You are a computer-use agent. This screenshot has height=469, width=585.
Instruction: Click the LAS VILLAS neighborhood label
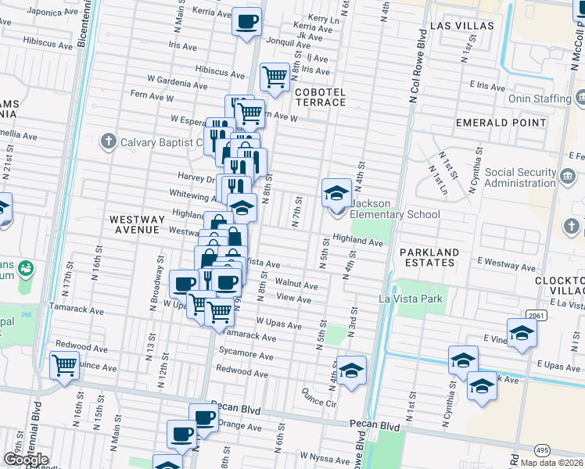click(462, 26)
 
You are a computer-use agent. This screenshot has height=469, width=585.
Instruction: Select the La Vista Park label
click(411, 299)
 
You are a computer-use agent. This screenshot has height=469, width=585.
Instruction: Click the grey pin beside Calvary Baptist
click(109, 142)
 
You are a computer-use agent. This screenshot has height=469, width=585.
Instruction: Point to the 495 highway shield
click(541, 450)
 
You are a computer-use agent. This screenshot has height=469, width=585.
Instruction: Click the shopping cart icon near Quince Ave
click(64, 364)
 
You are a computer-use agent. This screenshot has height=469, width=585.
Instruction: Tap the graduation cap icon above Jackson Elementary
click(336, 192)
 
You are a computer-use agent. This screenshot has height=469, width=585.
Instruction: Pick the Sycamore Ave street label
click(246, 355)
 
